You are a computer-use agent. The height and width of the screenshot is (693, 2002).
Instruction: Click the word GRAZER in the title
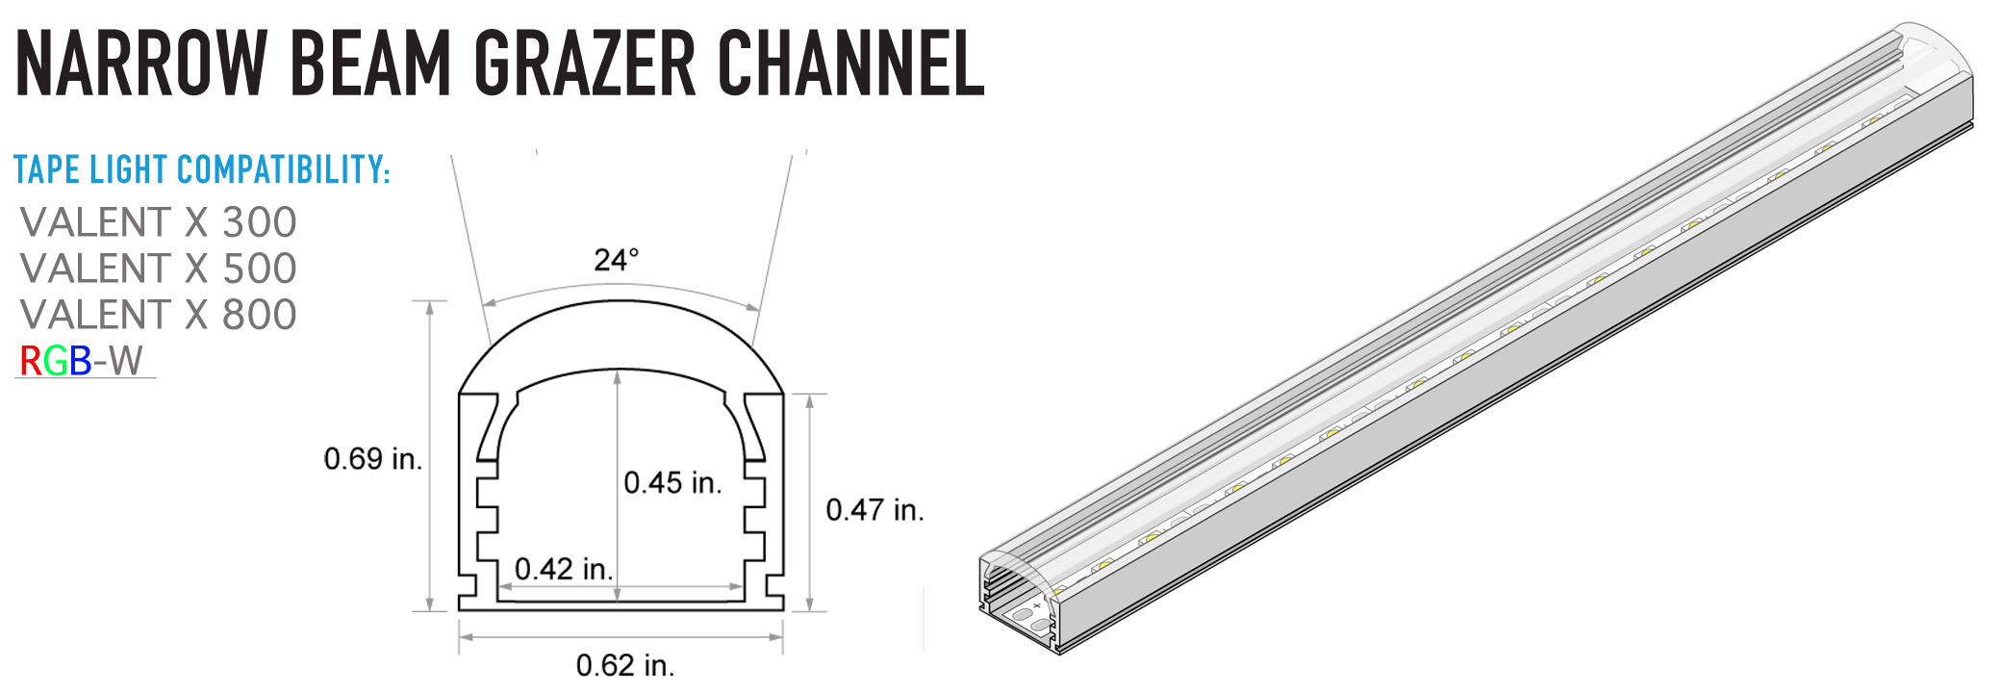click(584, 64)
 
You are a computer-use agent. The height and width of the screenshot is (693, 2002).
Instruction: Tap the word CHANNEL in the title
click(851, 64)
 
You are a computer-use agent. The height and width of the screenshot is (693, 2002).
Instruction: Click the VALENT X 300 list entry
click(159, 222)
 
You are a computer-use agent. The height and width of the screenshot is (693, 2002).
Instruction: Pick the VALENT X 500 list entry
click(159, 269)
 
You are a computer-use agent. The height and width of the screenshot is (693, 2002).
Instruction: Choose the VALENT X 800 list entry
click(159, 315)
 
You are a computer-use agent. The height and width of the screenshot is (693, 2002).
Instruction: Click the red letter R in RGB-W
click(30, 362)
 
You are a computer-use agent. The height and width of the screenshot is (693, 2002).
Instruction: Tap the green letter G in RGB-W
click(55, 362)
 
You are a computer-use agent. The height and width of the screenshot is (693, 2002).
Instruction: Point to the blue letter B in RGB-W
click(80, 362)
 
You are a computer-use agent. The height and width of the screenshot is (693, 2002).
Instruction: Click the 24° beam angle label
click(616, 260)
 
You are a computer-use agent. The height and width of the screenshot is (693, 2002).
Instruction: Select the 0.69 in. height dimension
click(373, 459)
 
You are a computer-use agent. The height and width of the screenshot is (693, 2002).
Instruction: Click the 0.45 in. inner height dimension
click(672, 482)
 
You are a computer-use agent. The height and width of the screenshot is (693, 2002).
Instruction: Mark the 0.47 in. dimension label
click(874, 510)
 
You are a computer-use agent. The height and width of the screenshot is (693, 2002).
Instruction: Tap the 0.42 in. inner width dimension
click(564, 569)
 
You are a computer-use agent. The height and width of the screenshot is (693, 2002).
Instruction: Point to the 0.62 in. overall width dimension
click(625, 665)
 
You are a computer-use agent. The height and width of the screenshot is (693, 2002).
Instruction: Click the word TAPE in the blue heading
click(47, 170)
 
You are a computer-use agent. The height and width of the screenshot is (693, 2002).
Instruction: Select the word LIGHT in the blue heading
click(129, 170)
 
